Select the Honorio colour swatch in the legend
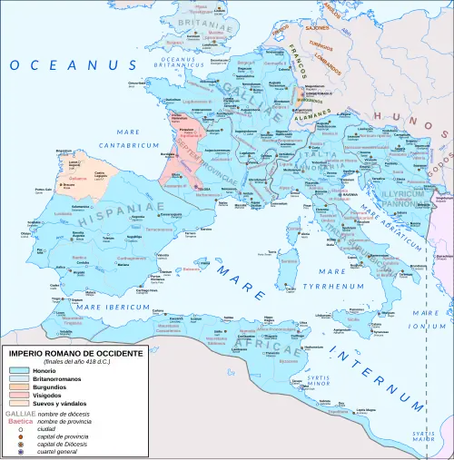(x=19, y=371)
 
